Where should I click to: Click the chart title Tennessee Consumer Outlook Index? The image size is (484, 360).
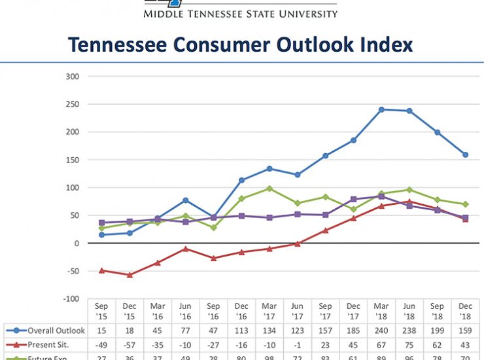(x=241, y=45)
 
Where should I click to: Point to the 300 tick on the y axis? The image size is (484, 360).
(x=72, y=77)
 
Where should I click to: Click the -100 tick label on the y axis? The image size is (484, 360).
(x=70, y=299)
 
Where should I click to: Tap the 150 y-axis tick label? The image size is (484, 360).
(x=72, y=160)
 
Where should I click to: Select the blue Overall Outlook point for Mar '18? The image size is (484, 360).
(x=381, y=109)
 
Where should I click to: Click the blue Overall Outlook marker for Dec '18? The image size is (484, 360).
(x=466, y=155)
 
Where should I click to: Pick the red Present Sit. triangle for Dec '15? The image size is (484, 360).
(x=130, y=275)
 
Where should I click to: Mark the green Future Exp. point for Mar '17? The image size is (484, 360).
(x=269, y=189)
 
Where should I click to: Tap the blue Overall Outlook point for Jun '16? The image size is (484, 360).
(x=186, y=200)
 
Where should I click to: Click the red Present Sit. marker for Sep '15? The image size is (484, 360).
(x=102, y=270)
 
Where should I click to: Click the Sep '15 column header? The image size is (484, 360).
(x=102, y=311)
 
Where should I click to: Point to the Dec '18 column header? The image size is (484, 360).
(x=466, y=311)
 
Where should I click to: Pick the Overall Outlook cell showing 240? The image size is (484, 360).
(x=381, y=330)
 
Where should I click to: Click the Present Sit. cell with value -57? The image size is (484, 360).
(x=130, y=344)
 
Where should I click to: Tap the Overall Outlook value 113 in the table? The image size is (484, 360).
(x=241, y=330)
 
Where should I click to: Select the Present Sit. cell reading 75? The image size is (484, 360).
(x=409, y=344)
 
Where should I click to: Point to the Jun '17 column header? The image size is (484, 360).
(x=298, y=311)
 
